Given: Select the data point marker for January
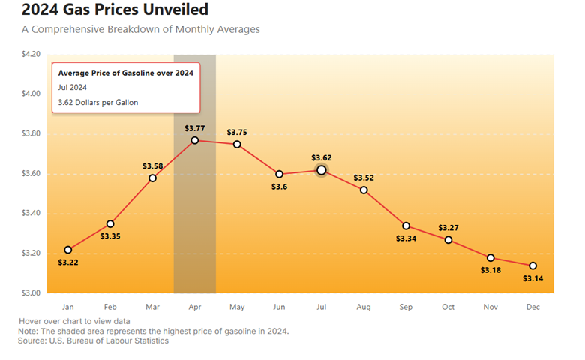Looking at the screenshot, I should (68, 250).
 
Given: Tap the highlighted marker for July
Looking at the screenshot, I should (322, 170).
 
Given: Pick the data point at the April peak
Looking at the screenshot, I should (195, 140).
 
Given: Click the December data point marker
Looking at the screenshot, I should (533, 265).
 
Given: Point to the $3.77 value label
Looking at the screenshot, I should (195, 128).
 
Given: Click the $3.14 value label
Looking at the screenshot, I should (533, 279).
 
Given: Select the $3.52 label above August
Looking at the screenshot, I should (364, 178).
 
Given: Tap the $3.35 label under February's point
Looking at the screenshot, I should (110, 236).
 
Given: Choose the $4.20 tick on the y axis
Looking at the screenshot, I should (33, 54).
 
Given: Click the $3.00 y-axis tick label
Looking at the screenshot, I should (33, 292).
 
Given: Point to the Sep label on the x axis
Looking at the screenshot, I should (406, 307).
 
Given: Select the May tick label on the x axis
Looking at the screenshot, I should (237, 307).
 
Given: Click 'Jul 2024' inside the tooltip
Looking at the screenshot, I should (73, 88).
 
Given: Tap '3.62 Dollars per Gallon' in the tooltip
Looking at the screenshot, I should (98, 102).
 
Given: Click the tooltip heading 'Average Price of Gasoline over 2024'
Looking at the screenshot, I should (126, 73).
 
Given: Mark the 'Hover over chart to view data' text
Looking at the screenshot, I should (72, 322).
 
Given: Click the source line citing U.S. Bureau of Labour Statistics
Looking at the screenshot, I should (93, 340).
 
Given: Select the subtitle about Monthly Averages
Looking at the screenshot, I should (140, 29).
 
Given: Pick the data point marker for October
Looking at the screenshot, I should (448, 240).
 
